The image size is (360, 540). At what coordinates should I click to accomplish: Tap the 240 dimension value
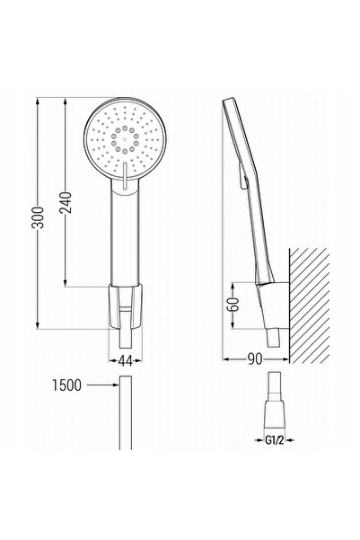66,202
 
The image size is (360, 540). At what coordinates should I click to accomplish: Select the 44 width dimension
126,361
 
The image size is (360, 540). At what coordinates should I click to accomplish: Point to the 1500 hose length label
66,385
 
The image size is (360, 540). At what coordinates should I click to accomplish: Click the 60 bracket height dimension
234,305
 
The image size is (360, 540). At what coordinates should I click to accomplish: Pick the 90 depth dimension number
255,359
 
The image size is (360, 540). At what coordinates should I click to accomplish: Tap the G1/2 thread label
275,440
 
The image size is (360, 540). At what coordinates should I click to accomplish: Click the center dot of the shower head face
125,140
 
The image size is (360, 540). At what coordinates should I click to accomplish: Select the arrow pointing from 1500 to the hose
102,385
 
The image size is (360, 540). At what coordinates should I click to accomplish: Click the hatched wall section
309,305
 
